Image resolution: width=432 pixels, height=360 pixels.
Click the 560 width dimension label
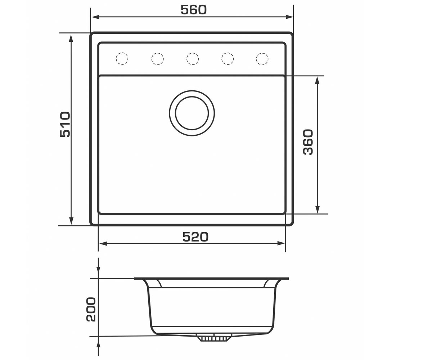coord(193,10)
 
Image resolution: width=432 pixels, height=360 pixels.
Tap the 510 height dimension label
coord(65,124)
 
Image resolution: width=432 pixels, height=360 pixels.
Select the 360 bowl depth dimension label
coord(308,142)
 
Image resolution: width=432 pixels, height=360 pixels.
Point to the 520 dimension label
coord(195,237)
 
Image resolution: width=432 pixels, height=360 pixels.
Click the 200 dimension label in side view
coord(91,310)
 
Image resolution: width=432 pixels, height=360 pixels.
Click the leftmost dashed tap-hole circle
coord(122,59)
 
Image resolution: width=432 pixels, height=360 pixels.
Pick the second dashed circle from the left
coord(157,59)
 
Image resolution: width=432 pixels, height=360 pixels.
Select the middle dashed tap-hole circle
coord(192,59)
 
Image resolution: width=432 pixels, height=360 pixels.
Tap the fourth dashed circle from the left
coord(228,59)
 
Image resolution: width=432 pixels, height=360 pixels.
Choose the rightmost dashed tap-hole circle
coord(262,59)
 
